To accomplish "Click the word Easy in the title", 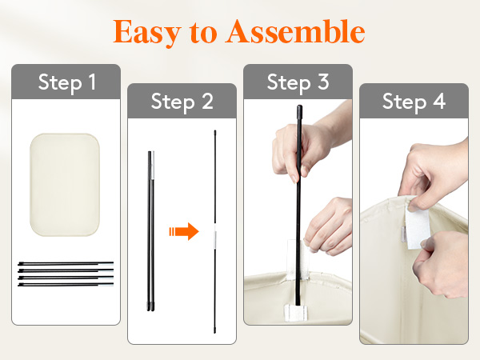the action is [x=147, y=33].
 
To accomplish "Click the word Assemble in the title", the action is [x=295, y=31].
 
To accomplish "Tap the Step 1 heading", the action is [x=67, y=82].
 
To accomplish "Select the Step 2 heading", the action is [x=182, y=102].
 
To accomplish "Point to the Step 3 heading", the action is [x=298, y=82].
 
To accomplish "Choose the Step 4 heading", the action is [x=414, y=102].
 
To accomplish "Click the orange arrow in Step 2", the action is [x=184, y=231].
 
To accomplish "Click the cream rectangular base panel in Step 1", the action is [x=65, y=185].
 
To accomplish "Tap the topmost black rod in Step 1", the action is [x=66, y=263].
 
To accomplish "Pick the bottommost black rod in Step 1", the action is [x=66, y=285].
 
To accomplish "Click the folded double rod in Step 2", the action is [x=151, y=231].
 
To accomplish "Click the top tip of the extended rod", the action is [x=215, y=131].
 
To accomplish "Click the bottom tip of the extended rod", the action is [x=215, y=333].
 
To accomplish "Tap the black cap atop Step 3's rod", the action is [x=299, y=110].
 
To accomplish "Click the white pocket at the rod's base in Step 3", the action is [x=296, y=312].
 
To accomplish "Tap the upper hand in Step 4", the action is [x=434, y=174].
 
